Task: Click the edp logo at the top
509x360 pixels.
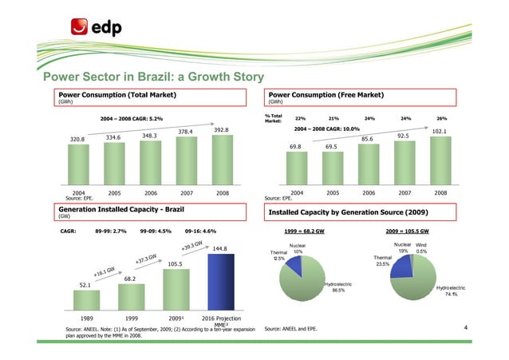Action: click(95, 27)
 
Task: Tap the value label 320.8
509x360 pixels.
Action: click(77, 140)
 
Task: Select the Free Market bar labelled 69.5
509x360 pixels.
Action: click(331, 170)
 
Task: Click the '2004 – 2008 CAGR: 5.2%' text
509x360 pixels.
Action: click(132, 119)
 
